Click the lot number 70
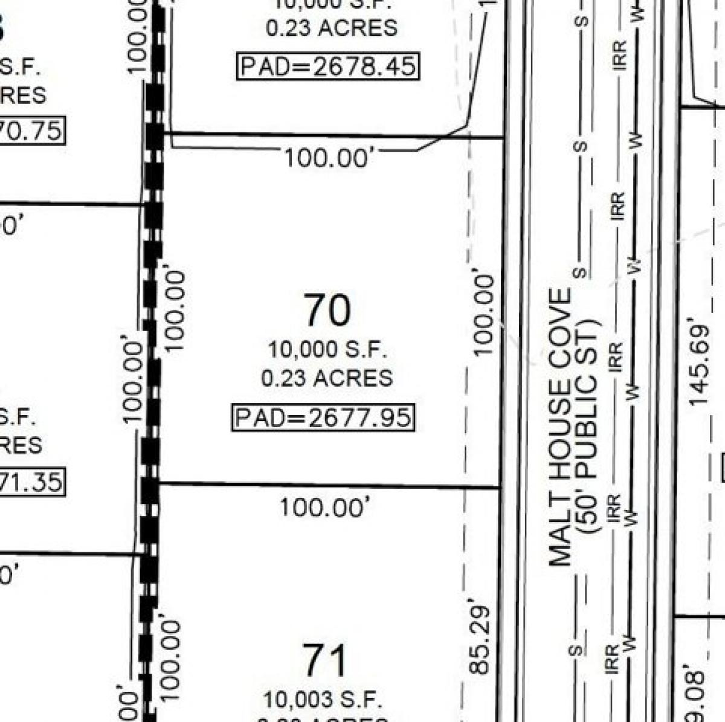[x=327, y=310]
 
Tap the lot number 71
[x=326, y=661]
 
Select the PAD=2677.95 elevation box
[x=324, y=418]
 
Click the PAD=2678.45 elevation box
[x=329, y=66]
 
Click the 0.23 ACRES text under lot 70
[x=327, y=378]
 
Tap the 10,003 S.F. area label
[x=323, y=700]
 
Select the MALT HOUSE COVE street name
[x=560, y=427]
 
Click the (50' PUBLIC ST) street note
[x=587, y=427]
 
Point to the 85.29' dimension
[x=480, y=637]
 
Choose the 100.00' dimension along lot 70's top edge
[x=327, y=158]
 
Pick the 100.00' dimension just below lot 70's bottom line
[x=324, y=508]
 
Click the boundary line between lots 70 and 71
[x=329, y=485]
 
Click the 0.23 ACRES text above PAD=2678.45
[x=332, y=28]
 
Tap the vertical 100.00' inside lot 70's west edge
[x=173, y=311]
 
